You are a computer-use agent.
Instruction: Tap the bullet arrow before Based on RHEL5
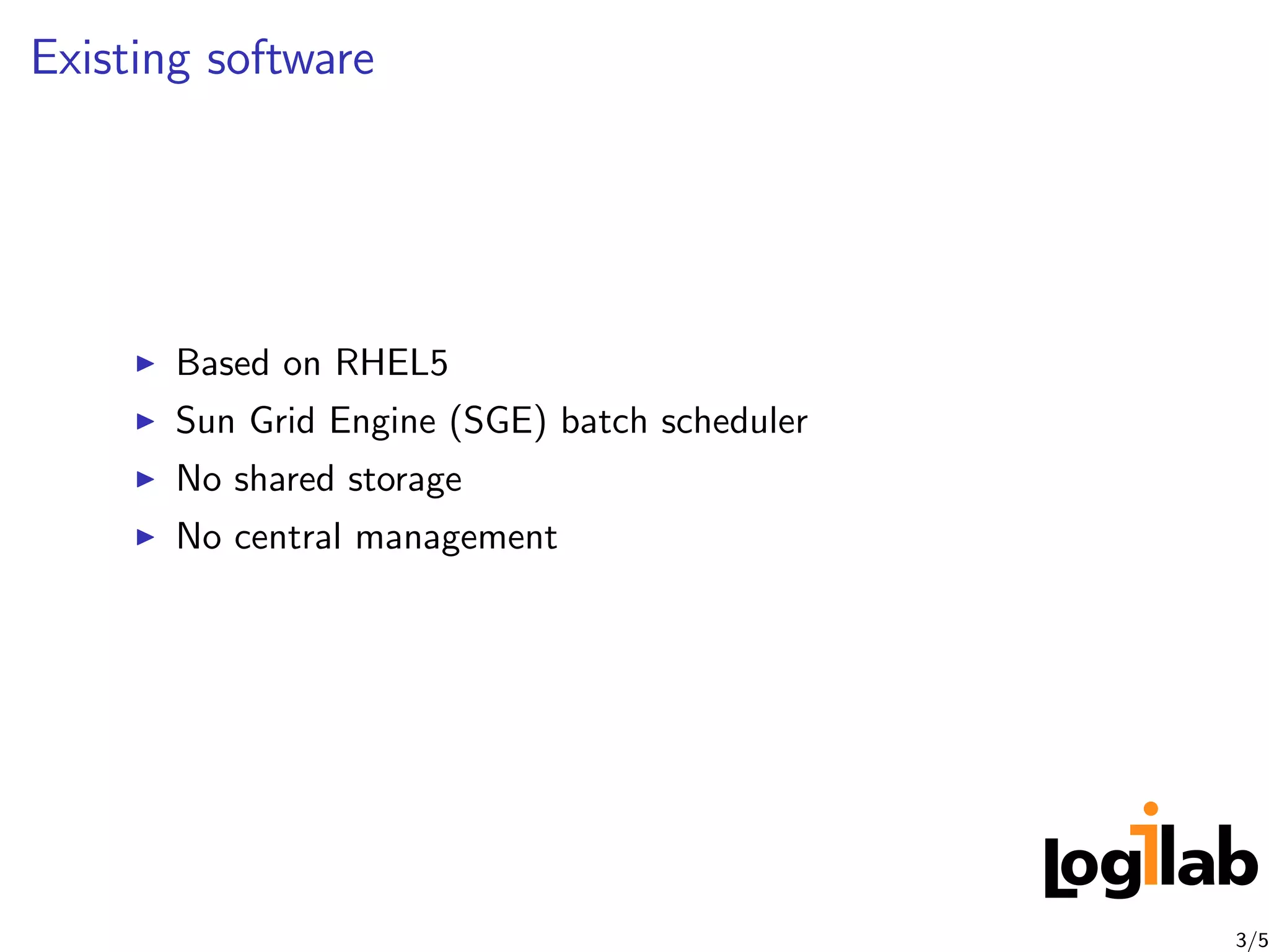145,364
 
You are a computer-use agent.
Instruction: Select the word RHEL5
391,363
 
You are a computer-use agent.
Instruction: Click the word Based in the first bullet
222,363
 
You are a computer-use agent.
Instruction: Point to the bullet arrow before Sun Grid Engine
145,422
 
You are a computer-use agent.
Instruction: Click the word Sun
205,421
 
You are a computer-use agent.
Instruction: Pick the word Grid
283,421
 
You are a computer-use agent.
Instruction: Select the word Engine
382,422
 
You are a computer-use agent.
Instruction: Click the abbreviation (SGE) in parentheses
498,422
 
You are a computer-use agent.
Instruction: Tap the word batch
604,421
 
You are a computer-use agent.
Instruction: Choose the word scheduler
734,421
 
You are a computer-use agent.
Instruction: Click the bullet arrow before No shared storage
145,479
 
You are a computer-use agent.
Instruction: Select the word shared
284,479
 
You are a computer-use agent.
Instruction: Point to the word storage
405,480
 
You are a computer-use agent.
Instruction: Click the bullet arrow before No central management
145,537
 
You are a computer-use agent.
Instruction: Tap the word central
288,537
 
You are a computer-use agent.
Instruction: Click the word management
457,538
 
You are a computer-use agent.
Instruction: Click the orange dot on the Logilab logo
1151,808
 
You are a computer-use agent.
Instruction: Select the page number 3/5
1252,940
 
